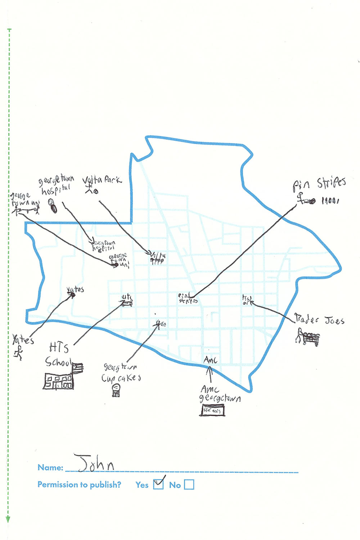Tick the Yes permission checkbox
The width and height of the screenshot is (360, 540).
click(158, 485)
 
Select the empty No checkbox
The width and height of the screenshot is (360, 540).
click(189, 485)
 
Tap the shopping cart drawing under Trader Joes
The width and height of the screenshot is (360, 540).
click(308, 338)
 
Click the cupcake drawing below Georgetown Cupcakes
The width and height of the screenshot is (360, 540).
click(116, 390)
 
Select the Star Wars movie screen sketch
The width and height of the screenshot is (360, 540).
click(212, 410)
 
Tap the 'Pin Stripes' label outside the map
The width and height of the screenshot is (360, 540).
click(319, 184)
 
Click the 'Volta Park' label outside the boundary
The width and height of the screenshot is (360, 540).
click(102, 179)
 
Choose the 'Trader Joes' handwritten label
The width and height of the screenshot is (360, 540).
click(319, 320)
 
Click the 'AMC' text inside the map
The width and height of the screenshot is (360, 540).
click(210, 360)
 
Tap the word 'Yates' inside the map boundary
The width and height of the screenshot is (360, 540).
click(75, 289)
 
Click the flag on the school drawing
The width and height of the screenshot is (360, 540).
click(78, 368)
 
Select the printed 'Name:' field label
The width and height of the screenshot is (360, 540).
click(50, 468)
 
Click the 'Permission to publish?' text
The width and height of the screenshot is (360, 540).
click(79, 485)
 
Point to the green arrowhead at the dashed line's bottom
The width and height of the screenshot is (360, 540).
click(8, 519)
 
